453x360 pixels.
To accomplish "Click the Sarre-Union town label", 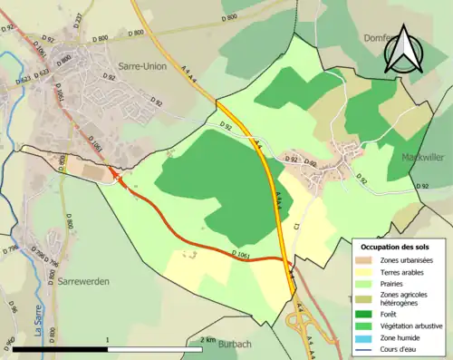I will pyautogui.click(x=143, y=66).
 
